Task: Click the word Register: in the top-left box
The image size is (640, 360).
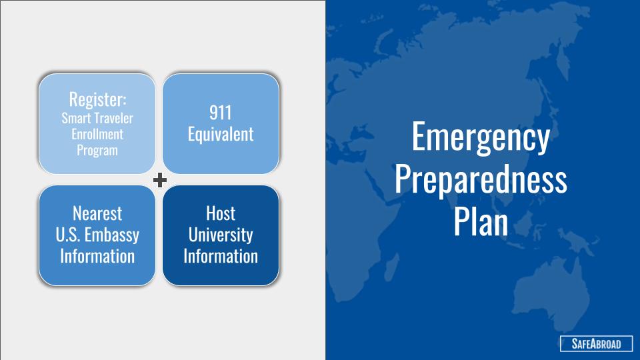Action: (x=97, y=99)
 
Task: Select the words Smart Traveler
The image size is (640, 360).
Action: (x=97, y=119)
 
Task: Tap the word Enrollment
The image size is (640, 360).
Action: (x=97, y=134)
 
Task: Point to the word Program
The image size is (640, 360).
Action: (x=97, y=150)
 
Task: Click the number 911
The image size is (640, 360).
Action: (x=221, y=113)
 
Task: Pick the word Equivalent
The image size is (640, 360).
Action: (x=221, y=134)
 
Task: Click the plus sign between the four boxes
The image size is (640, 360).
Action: (x=159, y=179)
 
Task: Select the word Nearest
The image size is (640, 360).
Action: (x=97, y=213)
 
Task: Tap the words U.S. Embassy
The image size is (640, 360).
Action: (x=97, y=235)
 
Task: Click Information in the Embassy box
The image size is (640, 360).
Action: (x=97, y=256)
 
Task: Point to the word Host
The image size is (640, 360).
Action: (x=221, y=213)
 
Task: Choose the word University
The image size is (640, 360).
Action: (x=221, y=235)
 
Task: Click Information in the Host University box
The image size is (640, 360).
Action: (x=221, y=256)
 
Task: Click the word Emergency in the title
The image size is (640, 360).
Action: (x=481, y=137)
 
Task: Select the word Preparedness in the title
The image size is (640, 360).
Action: (x=481, y=179)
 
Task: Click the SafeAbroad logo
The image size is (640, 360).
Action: (x=596, y=344)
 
